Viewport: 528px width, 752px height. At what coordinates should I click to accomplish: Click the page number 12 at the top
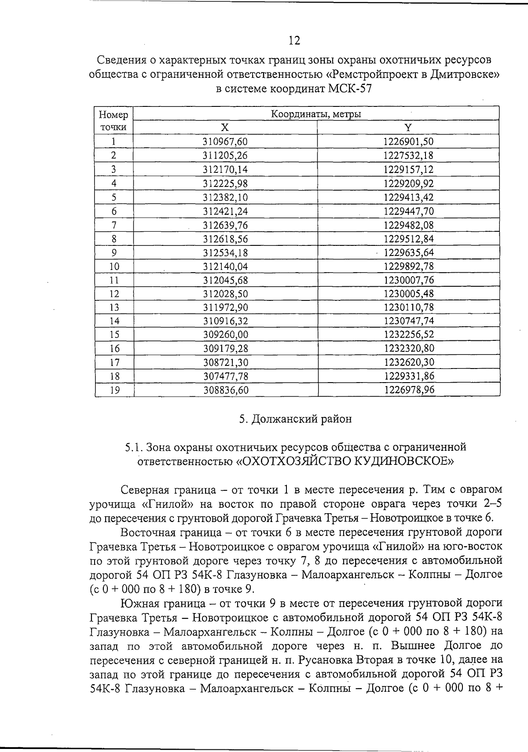pos(294,41)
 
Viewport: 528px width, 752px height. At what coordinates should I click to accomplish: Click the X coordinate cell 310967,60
pos(225,142)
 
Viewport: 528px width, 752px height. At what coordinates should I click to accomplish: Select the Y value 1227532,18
pos(408,155)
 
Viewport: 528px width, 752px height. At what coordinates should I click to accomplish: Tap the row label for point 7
pos(114,225)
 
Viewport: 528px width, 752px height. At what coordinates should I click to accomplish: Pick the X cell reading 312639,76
pos(225,225)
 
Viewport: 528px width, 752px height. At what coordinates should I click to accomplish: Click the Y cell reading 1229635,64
pos(409,253)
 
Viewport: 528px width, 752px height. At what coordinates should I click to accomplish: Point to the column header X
pos(225,128)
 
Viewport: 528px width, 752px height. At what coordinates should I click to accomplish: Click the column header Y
pos(408,128)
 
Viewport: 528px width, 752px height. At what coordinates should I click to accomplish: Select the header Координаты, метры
pos(316,114)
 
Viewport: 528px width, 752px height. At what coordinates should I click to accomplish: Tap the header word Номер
pos(114,115)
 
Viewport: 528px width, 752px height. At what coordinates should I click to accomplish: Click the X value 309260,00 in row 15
pos(225,335)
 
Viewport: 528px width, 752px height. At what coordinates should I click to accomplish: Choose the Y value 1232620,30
pos(409,362)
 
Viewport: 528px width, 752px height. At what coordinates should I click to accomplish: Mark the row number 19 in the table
pos(114,390)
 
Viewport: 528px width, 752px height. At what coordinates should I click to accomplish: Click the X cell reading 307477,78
pos(225,376)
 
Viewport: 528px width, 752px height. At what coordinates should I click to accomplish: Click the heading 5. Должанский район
pos(295,419)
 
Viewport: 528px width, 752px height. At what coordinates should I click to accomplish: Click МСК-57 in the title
pos(350,88)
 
